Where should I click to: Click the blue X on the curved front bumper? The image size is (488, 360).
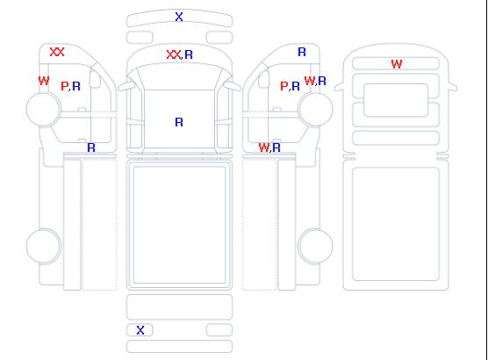[x=179, y=17]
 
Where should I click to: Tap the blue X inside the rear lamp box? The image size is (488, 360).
[x=140, y=330]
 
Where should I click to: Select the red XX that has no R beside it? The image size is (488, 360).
[x=57, y=52]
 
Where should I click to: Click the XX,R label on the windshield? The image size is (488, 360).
[x=180, y=54]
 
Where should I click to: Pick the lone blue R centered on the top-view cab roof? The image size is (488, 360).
[x=179, y=122]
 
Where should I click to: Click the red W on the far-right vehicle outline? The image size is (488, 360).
[x=397, y=64]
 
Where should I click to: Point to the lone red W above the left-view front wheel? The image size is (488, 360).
[x=44, y=81]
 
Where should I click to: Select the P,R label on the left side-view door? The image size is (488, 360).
[x=70, y=86]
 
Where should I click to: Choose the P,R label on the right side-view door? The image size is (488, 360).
[x=290, y=86]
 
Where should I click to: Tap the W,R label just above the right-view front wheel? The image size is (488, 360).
[x=315, y=81]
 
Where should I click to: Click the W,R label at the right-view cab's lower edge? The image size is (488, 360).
[x=269, y=148]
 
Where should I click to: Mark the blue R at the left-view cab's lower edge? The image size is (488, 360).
[x=91, y=148]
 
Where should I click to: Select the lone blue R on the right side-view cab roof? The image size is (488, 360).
[x=302, y=52]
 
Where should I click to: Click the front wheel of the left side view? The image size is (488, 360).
[x=44, y=109]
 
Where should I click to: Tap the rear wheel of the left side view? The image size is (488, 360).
[x=44, y=246]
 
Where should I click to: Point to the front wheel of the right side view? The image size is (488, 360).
[x=315, y=109]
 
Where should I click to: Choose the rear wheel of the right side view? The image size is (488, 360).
[x=315, y=246]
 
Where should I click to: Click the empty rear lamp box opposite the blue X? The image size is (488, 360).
[x=219, y=330]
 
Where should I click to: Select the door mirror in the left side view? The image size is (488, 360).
[x=95, y=79]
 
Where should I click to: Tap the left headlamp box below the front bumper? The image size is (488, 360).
[x=140, y=38]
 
